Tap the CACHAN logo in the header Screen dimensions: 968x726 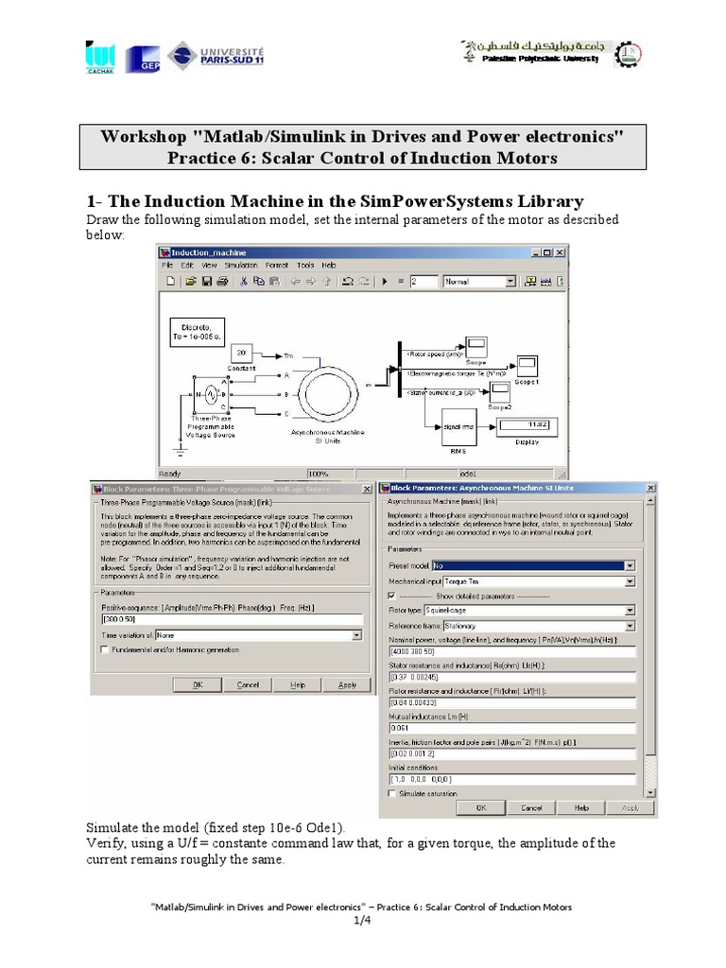pos(99,57)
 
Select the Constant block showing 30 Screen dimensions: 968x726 pos(242,351)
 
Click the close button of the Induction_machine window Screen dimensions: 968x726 pos(562,252)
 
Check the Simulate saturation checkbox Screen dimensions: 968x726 pos(392,794)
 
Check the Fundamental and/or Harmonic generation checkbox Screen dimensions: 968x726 pos(105,649)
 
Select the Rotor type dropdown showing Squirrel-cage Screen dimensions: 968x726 pos(511,610)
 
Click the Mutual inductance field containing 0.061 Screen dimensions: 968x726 pos(511,728)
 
